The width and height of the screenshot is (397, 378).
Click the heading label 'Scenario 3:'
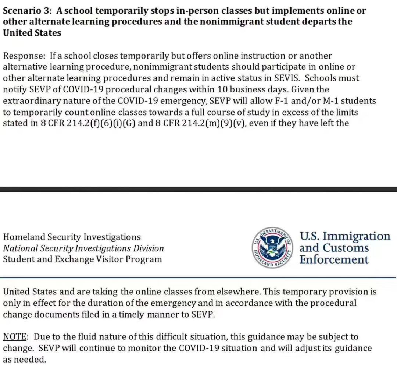pyautogui.click(x=27, y=11)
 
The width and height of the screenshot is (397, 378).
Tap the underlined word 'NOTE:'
pyautogui.click(x=15, y=337)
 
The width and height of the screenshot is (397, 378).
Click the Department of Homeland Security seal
pyautogui.click(x=272, y=247)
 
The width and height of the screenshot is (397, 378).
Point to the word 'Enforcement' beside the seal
pyautogui.click(x=333, y=259)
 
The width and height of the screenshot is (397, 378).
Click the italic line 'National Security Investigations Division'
pyautogui.click(x=83, y=248)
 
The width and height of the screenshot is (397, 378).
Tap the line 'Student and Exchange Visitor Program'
pyautogui.click(x=82, y=259)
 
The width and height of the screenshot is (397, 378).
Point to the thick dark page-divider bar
pyautogui.click(x=198, y=189)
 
